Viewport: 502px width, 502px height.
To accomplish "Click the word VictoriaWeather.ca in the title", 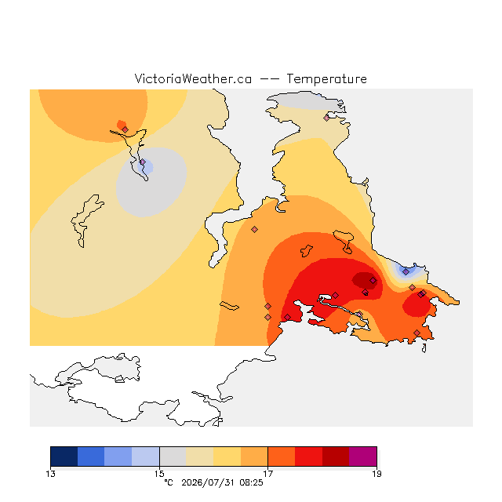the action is (x=193, y=79).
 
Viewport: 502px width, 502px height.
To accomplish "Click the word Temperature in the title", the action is (x=326, y=79).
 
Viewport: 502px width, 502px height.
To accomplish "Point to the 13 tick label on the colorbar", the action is (x=50, y=474).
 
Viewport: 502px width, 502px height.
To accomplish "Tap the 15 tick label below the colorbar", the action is (x=159, y=474).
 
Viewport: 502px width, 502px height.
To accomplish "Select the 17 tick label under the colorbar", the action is (x=268, y=474).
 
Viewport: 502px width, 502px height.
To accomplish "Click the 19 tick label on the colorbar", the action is (x=376, y=474).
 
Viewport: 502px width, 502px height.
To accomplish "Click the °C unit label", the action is (x=169, y=482).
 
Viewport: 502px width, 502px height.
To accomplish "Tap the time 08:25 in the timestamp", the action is (x=251, y=482).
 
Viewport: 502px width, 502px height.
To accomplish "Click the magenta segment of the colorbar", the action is (x=362, y=457).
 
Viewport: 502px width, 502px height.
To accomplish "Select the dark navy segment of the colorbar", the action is (x=64, y=457).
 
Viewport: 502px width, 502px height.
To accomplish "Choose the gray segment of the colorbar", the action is (x=173, y=457).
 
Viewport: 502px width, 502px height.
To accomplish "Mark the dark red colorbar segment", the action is (x=336, y=457).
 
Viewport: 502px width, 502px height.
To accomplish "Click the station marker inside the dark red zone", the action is (x=373, y=281).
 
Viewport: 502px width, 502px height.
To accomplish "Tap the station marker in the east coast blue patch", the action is (x=406, y=272).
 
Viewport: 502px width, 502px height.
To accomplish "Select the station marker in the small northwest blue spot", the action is (x=143, y=162).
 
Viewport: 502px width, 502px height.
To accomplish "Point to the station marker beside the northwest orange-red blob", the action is (x=125, y=129).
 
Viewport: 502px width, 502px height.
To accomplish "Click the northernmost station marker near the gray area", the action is (x=326, y=118).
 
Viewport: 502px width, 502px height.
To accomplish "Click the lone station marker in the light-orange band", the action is (x=254, y=229).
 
